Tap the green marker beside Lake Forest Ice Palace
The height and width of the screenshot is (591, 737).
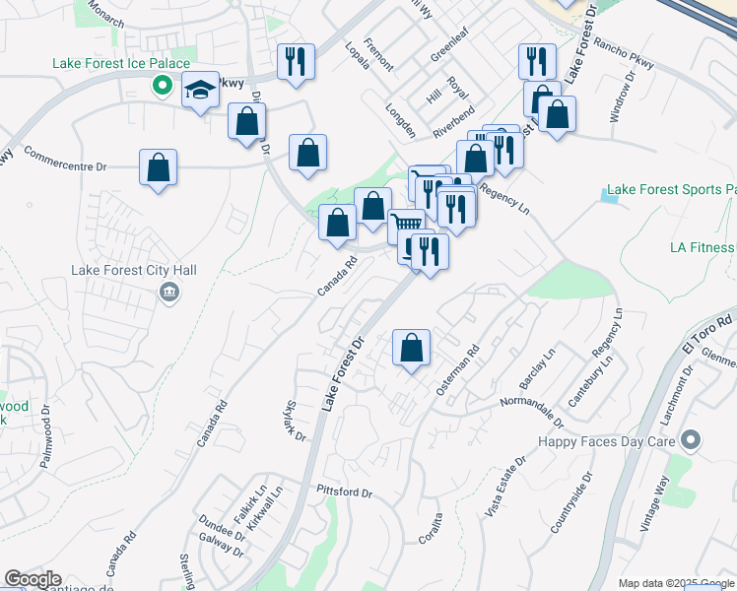tap(160, 86)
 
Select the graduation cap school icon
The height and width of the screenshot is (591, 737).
tap(201, 91)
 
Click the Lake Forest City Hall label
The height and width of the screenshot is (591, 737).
tap(134, 270)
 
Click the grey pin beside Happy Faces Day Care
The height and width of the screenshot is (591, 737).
tap(692, 440)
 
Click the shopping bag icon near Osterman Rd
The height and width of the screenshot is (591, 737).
tap(411, 348)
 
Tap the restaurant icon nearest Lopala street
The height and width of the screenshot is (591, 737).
tap(296, 62)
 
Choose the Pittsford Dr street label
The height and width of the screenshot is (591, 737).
tap(344, 492)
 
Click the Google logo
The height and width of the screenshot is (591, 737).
tap(33, 580)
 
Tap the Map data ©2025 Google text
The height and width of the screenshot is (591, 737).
tap(675, 583)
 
